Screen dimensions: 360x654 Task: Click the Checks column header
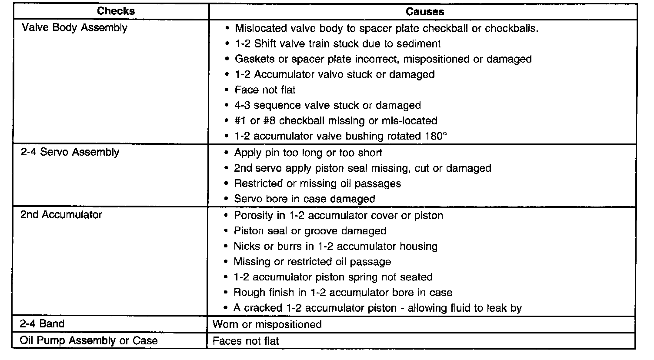[116, 11]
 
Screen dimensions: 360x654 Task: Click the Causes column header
[425, 11]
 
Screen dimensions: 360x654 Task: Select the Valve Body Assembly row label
[74, 28]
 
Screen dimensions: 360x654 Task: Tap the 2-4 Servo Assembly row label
[70, 152]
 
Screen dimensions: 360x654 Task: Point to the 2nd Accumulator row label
[61, 214]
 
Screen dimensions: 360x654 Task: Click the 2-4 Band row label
[42, 324]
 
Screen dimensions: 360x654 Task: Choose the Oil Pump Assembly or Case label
[89, 340]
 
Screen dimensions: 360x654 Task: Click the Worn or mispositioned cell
[267, 324]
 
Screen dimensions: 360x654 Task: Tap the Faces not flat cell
[246, 341]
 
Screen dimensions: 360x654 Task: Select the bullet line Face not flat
[265, 90]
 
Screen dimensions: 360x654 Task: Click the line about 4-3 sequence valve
[327, 106]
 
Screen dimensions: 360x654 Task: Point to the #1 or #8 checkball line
[336, 121]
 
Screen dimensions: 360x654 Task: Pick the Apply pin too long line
[308, 153]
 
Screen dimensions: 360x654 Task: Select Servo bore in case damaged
[304, 199]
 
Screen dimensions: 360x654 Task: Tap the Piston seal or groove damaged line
[310, 231]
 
